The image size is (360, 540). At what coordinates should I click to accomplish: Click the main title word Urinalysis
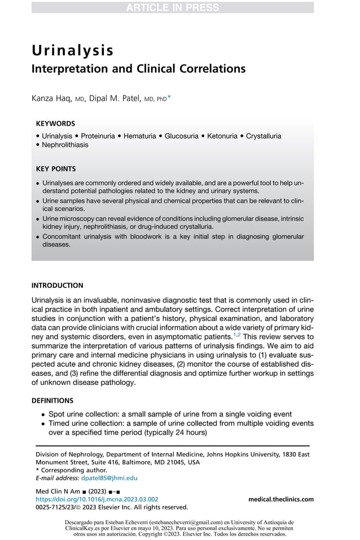pos(73,50)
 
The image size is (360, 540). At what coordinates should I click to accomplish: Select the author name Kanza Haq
pos(54,98)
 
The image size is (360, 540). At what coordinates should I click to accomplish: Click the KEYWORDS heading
pos(55,123)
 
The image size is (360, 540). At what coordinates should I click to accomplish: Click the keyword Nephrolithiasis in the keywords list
pos(65,144)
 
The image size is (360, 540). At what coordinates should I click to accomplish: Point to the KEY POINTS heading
pos(56,169)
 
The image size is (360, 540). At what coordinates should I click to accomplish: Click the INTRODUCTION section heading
pos(58,286)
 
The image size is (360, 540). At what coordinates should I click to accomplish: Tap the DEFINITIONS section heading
pos(52,401)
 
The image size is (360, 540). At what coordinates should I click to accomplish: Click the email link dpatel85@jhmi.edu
pos(106,477)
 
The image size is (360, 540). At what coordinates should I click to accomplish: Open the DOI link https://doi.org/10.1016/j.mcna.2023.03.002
pos(96,499)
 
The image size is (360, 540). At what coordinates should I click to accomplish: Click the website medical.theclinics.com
pos(280,499)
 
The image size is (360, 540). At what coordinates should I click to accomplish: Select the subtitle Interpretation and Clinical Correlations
pos(138,69)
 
